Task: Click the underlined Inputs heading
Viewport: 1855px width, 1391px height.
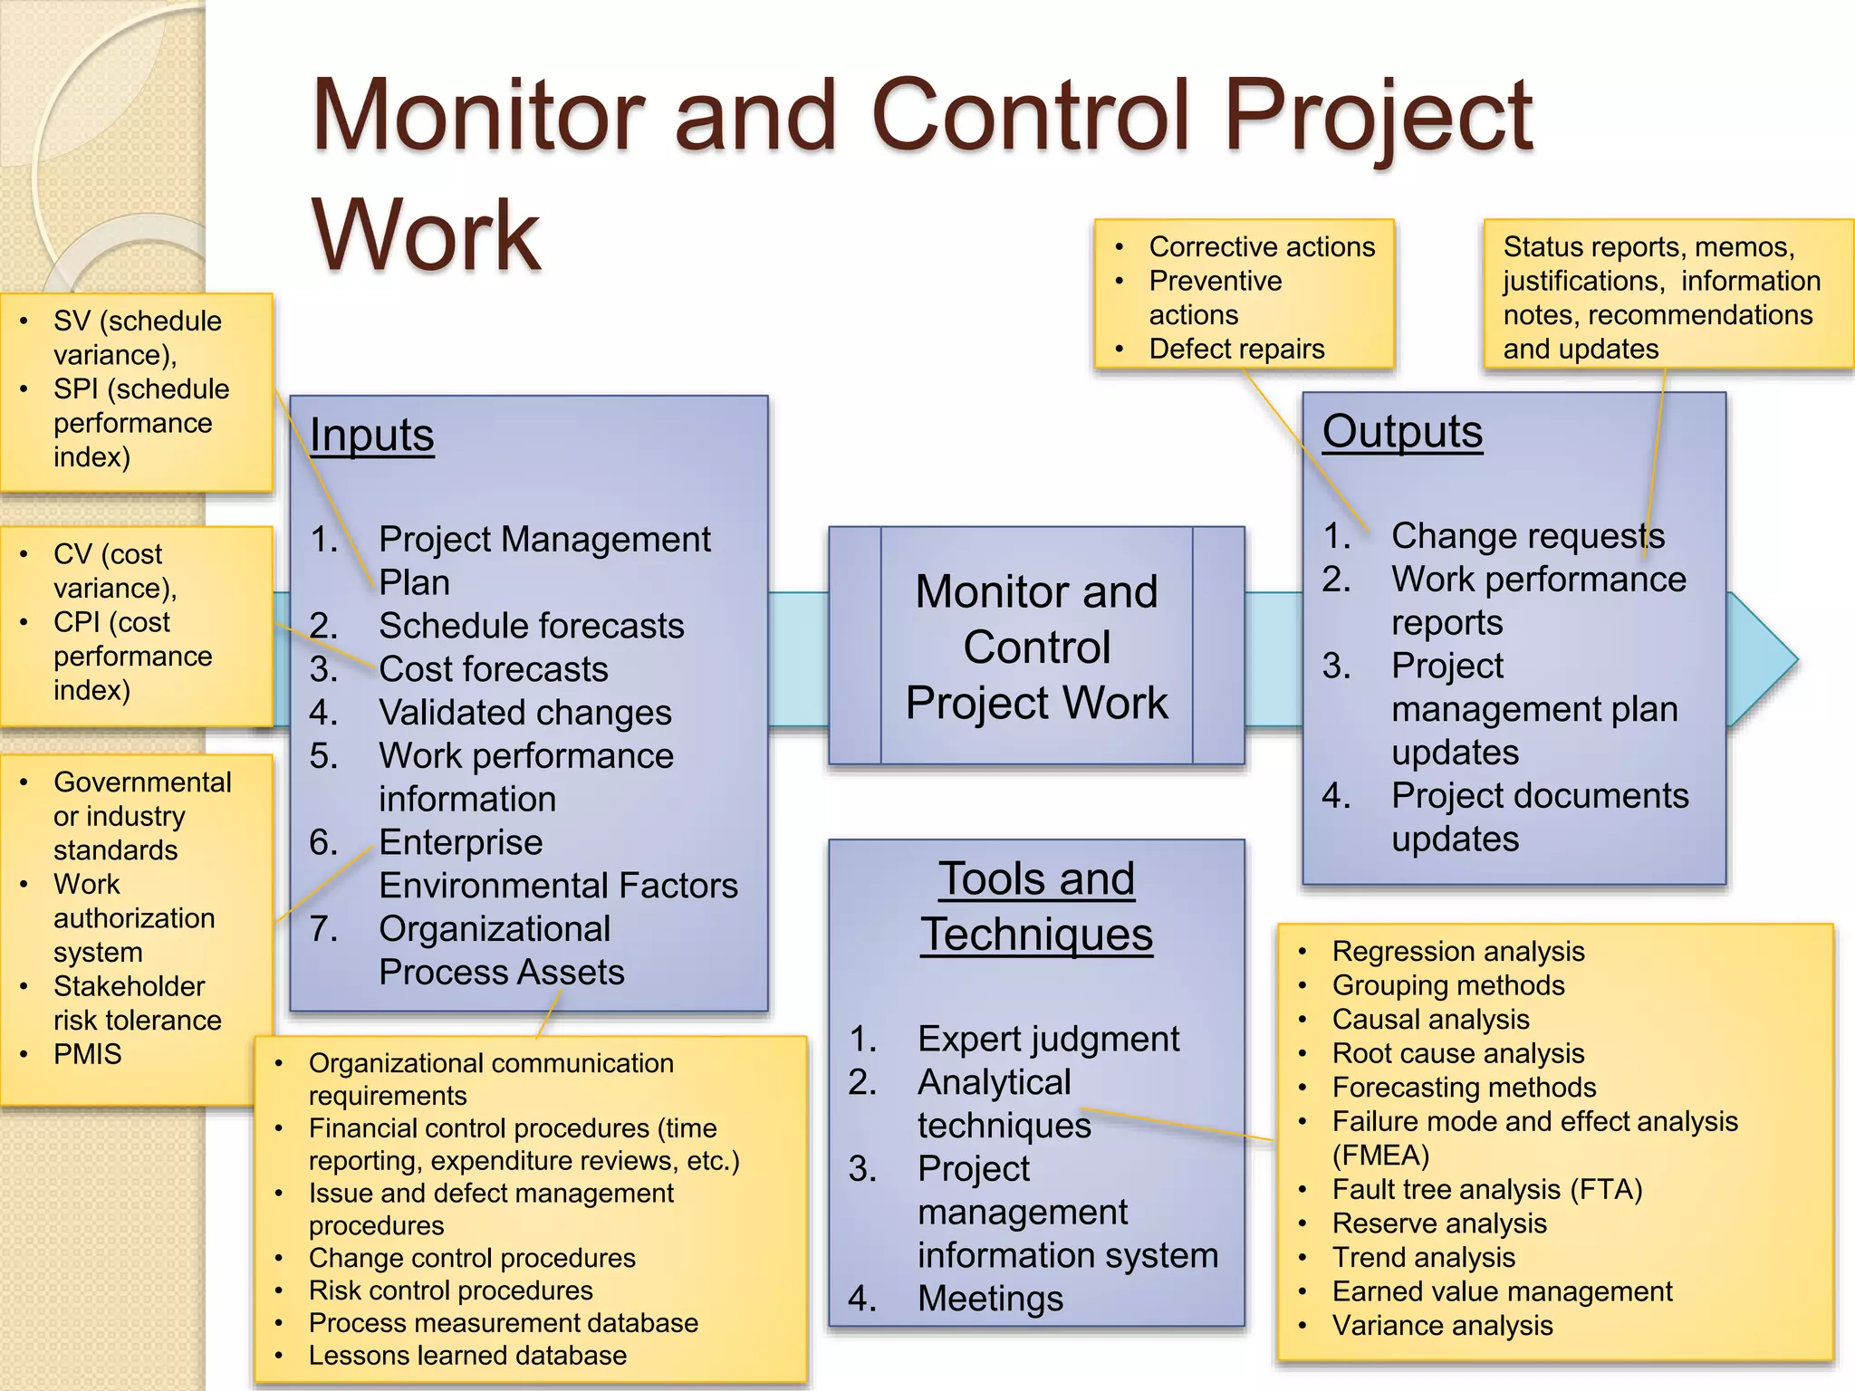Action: pos(371,436)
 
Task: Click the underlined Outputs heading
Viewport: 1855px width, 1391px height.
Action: pos(1402,432)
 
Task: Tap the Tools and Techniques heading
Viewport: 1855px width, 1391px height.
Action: pos(1036,907)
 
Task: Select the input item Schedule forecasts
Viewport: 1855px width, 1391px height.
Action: pos(531,626)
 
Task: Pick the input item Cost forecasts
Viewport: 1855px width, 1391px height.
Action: pos(493,669)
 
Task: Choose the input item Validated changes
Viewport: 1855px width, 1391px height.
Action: pos(524,713)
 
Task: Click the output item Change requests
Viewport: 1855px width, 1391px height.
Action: pos(1527,536)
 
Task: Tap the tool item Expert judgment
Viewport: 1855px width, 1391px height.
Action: pos(1048,1039)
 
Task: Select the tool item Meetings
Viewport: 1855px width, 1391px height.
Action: pos(990,1299)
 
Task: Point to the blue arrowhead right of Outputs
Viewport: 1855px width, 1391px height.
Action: pos(1761,658)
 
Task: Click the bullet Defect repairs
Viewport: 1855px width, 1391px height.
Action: pos(1236,349)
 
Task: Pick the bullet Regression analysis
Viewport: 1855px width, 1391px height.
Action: pos(1458,952)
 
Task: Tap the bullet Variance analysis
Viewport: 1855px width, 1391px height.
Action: pos(1442,1326)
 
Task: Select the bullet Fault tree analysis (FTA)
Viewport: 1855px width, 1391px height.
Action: pos(1487,1190)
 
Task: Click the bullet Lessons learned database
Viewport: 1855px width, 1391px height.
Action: pos(467,1356)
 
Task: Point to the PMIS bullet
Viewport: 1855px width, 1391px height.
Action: pos(87,1054)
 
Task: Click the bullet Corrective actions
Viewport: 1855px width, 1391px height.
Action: pos(1262,246)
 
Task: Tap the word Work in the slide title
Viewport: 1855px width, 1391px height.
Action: pos(427,235)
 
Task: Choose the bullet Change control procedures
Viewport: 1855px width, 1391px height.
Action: pos(472,1258)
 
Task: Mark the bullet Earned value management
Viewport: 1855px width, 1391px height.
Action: pos(1502,1291)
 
